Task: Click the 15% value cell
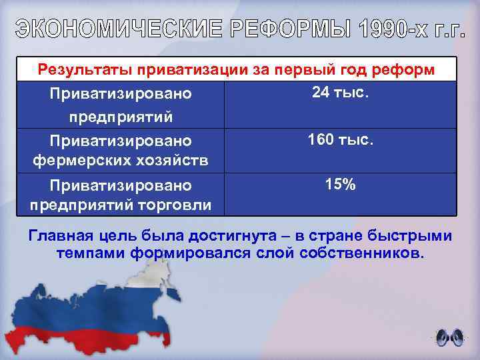pos(340,185)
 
